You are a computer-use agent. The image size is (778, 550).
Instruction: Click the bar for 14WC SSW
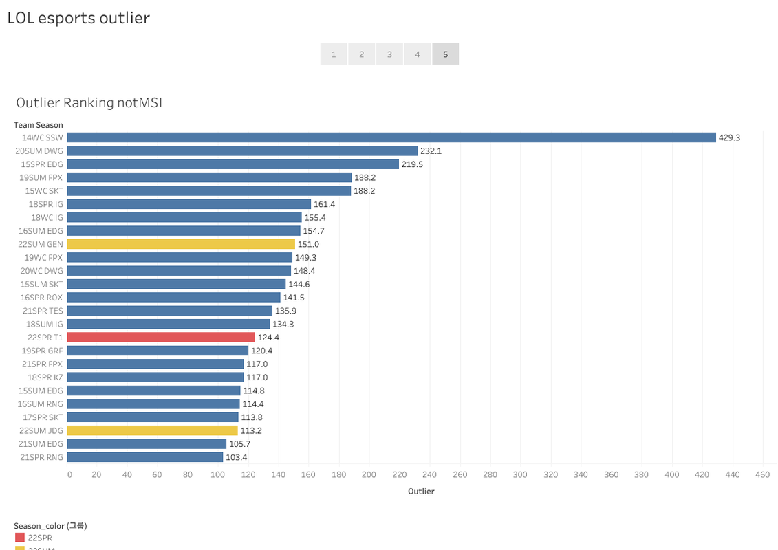[x=391, y=137]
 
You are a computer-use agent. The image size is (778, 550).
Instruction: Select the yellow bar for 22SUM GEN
[x=181, y=244]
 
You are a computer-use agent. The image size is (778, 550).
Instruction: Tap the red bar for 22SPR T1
[x=161, y=338]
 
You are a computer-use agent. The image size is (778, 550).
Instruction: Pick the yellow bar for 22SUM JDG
[x=152, y=430]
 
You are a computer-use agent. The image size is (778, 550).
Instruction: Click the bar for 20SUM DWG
[x=242, y=151]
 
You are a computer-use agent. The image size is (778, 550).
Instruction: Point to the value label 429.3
[x=729, y=137]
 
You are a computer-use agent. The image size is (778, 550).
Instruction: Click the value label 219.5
[x=412, y=164]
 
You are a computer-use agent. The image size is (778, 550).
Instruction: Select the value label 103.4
[x=236, y=457]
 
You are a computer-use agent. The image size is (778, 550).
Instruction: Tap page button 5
[x=445, y=54]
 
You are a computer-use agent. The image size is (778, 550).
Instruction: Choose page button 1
[x=334, y=54]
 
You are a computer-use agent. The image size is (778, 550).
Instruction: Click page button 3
[x=389, y=54]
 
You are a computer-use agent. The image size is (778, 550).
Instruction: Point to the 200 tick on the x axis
[x=369, y=474]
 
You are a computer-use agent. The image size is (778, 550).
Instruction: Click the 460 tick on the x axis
[x=762, y=474]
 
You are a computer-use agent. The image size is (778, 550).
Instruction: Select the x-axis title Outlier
[x=421, y=492]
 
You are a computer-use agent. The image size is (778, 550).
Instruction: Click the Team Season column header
[x=39, y=125]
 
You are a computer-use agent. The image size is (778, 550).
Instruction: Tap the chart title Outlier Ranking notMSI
[x=89, y=103]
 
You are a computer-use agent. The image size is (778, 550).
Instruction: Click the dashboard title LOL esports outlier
[x=78, y=18]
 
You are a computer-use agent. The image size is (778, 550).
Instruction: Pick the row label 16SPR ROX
[x=42, y=298]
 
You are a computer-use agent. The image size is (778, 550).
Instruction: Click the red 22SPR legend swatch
[x=20, y=538]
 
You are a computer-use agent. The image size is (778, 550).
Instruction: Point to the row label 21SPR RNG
[x=42, y=457]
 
